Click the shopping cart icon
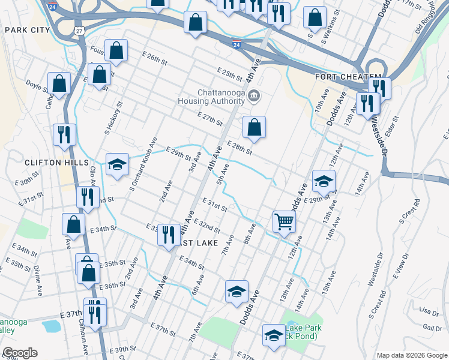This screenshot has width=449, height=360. point(285,221)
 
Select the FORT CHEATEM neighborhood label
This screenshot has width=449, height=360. point(348,77)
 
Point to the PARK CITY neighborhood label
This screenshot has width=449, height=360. point(26,29)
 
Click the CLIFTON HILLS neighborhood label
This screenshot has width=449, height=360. point(49,163)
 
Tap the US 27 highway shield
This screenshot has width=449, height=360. point(79,30)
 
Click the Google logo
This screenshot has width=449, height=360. point(20,352)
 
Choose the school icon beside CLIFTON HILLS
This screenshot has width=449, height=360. point(117,163)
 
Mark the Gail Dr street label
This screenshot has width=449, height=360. point(432,327)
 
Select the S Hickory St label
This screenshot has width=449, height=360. point(118,118)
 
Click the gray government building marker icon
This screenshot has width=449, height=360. point(253,95)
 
